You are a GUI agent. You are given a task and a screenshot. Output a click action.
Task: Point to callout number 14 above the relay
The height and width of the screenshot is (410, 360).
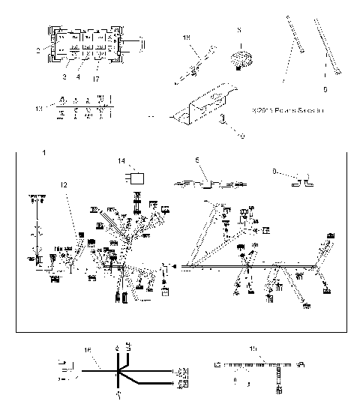point(121,160)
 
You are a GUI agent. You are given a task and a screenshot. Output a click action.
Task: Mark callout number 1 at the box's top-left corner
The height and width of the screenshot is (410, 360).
point(44,153)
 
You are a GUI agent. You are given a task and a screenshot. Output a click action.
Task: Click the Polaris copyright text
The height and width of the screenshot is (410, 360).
point(288,112)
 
